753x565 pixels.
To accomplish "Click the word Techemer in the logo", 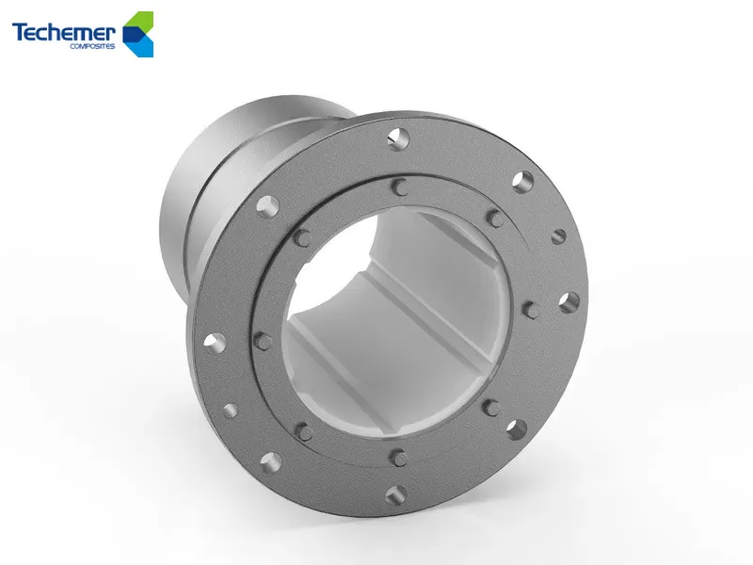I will (x=63, y=33).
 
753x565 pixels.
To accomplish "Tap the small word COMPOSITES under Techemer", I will (x=93, y=46).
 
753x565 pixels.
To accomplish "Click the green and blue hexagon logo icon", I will (x=138, y=33).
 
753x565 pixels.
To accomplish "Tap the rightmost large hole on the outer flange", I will (x=568, y=302).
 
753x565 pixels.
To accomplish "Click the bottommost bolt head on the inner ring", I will (x=398, y=457).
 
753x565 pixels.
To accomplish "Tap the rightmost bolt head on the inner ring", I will (x=530, y=309).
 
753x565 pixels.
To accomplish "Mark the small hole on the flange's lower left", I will (x=229, y=411).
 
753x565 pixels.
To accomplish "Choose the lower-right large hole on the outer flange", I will (x=517, y=429).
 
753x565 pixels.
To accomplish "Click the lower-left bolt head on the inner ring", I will (x=303, y=431).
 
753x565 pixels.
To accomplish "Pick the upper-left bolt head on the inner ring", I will (x=303, y=236).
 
